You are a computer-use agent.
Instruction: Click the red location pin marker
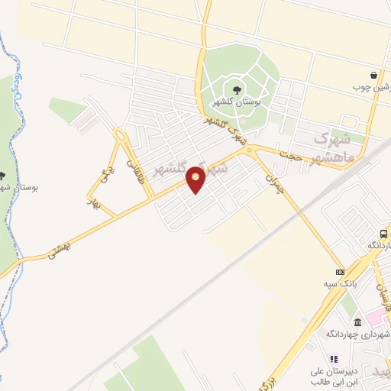tap(196, 179)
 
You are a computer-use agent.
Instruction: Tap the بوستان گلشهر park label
tap(236, 102)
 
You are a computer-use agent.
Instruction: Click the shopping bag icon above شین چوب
tap(373, 75)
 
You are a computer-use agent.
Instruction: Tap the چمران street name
tap(275, 182)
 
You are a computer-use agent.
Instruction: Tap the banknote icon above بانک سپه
tap(340, 272)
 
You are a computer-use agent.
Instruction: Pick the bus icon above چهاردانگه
tap(384, 234)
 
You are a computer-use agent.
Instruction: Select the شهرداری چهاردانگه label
tap(358, 334)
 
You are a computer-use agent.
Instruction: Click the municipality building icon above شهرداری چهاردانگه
tap(358, 323)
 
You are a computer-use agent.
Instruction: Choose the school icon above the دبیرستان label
tap(334, 358)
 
